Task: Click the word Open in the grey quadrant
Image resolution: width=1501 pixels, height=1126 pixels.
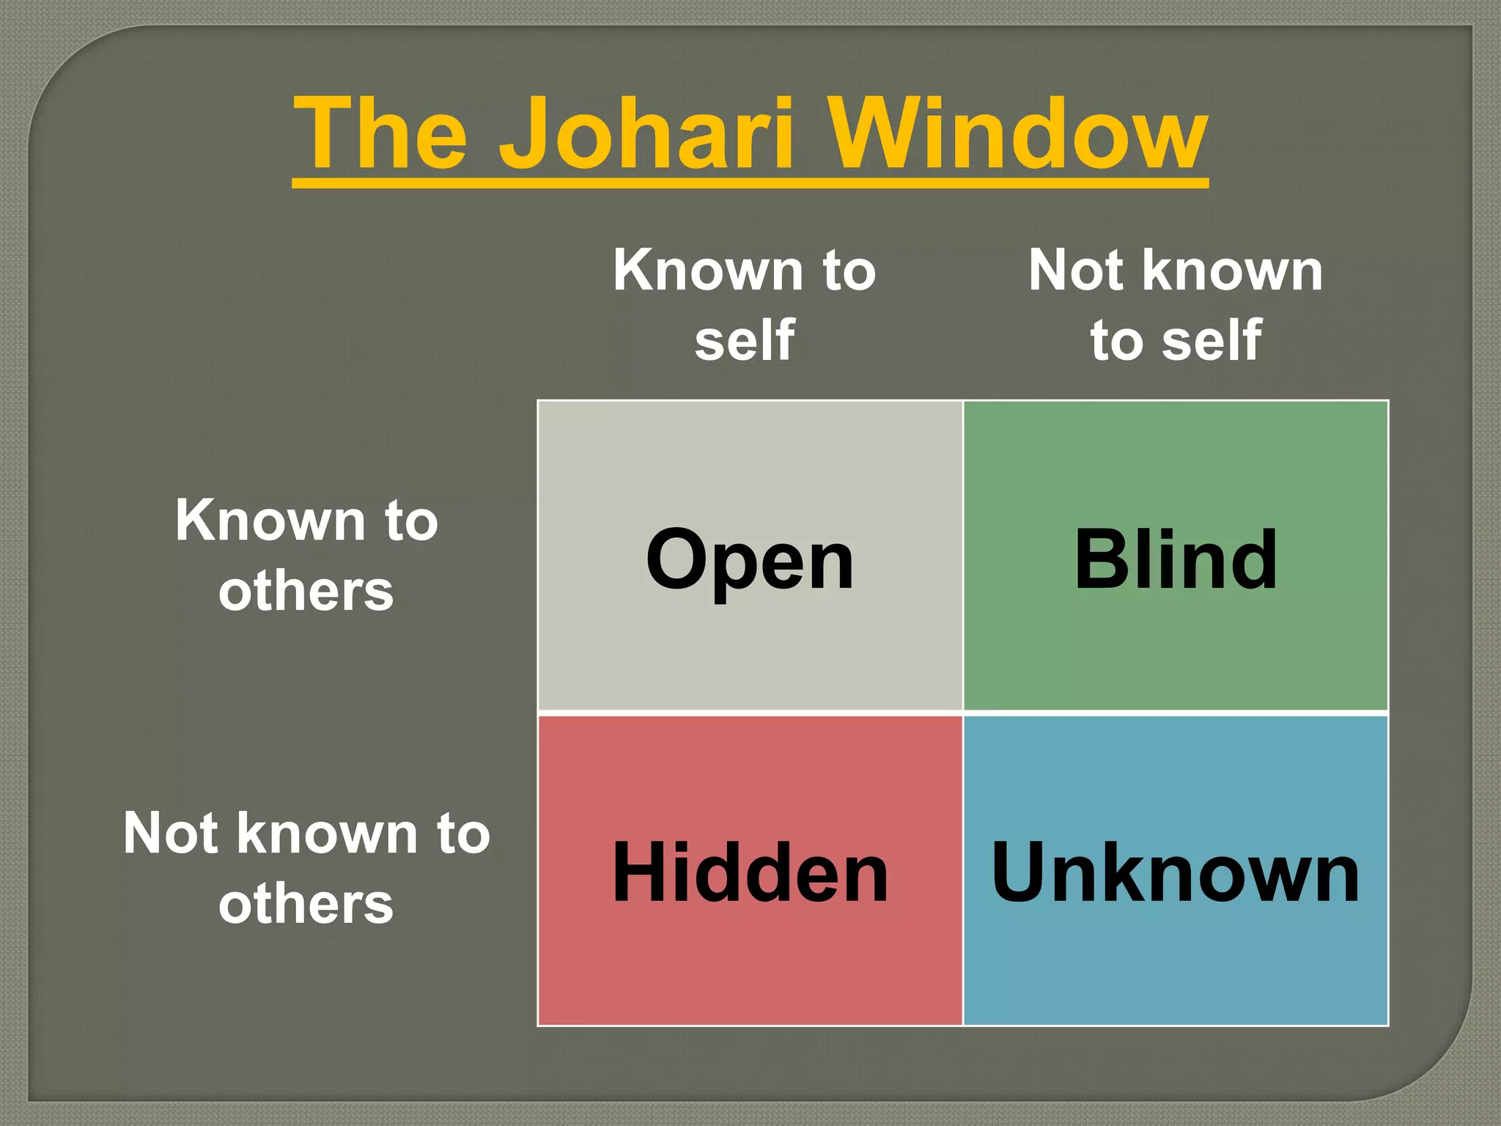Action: click(750, 561)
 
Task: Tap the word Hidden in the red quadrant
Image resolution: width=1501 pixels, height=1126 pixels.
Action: click(750, 872)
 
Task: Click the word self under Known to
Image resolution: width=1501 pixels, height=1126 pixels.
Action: click(745, 340)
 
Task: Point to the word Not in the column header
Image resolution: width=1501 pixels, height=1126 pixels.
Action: click(1076, 271)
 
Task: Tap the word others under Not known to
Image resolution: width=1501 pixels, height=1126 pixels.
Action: click(306, 904)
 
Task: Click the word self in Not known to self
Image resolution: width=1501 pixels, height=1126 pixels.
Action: click(1212, 340)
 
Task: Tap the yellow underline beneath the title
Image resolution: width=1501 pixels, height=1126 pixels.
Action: click(750, 183)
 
